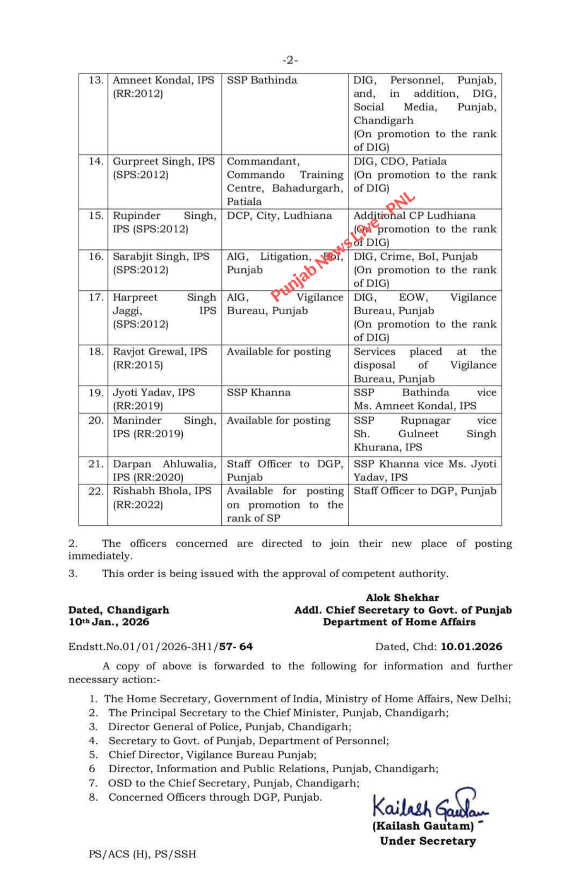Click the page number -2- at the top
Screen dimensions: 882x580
point(290,60)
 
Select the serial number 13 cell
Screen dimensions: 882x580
point(96,80)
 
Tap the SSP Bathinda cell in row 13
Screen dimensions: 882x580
point(262,80)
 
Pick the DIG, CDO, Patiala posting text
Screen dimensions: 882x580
point(400,162)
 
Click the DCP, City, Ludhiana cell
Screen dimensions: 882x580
point(279,216)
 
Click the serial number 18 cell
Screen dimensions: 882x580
point(96,352)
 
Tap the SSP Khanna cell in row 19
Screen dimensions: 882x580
point(259,393)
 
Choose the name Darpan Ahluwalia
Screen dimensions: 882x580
point(164,464)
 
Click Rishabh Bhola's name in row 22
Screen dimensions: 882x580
point(162,491)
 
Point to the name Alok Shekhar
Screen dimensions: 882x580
point(402,598)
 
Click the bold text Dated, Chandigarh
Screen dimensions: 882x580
point(118,610)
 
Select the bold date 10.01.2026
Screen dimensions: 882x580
point(471,647)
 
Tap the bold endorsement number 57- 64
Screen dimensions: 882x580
point(236,647)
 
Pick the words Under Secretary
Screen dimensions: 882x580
point(428,841)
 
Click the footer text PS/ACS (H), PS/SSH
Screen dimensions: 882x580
point(142,854)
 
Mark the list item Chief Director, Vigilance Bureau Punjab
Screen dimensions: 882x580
point(212,755)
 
